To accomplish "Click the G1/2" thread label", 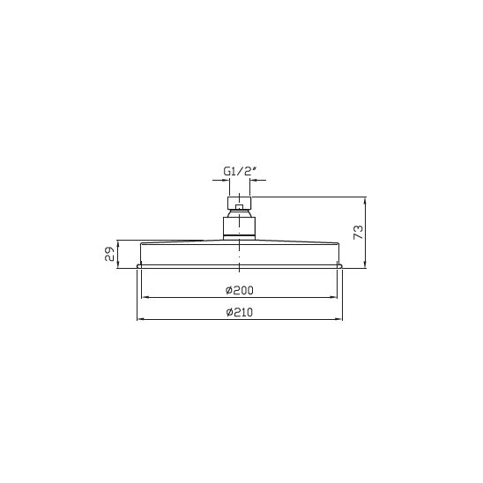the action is (240, 171).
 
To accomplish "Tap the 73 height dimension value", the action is (359, 232).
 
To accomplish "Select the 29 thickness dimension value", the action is (109, 254).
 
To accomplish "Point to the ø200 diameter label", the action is (240, 290).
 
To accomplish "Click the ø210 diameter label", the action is (240, 312).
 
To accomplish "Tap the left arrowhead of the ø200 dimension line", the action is (145, 297).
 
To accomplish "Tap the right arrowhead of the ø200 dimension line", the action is (334, 297).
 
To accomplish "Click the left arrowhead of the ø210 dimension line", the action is (140, 319).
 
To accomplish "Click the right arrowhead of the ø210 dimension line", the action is (338, 319).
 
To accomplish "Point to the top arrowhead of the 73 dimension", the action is (365, 201).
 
